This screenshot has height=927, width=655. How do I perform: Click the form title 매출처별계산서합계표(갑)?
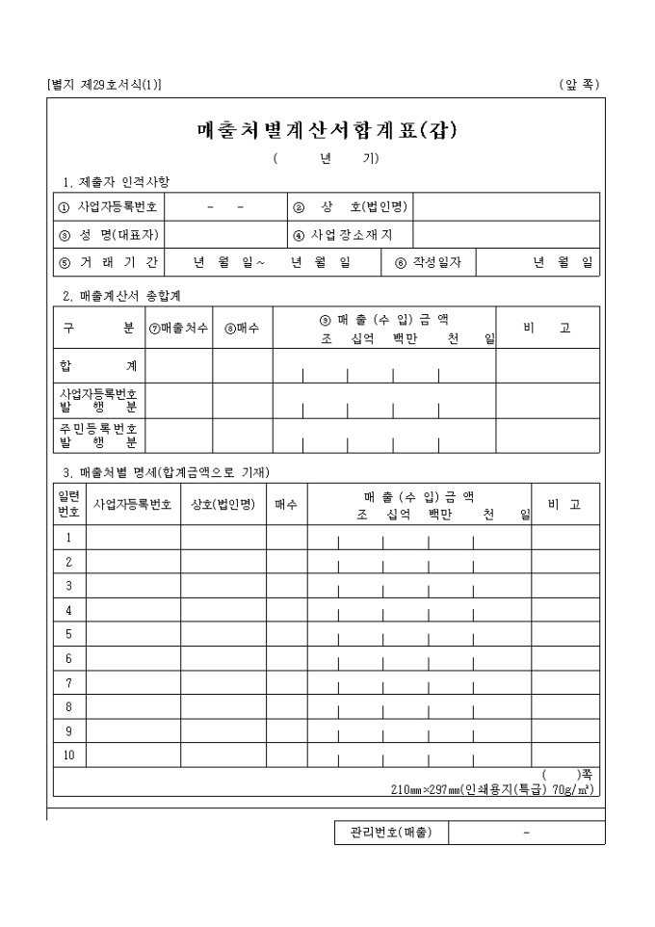click(327, 131)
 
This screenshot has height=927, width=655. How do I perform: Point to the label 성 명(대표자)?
click(109, 234)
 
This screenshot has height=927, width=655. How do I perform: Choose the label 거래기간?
click(109, 262)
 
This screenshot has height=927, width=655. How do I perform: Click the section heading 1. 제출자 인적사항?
click(116, 181)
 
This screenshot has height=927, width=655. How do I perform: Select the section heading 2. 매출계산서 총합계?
click(121, 295)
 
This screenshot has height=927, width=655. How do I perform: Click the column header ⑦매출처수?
click(179, 329)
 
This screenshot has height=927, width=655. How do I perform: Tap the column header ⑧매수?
click(242, 329)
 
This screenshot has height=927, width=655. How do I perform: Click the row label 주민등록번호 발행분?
click(98, 436)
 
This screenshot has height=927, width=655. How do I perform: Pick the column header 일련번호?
click(69, 504)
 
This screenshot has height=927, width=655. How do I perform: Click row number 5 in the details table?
click(69, 634)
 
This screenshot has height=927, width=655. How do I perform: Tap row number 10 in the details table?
click(69, 755)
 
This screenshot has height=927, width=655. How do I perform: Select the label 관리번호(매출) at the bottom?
click(385, 833)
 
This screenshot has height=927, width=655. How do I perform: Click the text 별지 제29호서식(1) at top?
click(104, 85)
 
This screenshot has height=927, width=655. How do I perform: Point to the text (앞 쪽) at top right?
click(579, 85)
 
